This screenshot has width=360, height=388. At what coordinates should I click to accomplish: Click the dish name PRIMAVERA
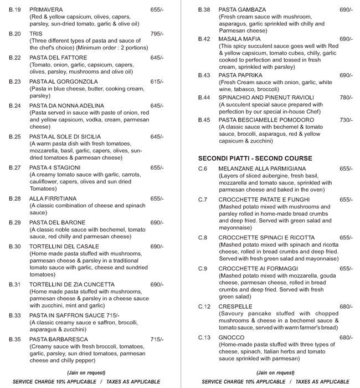[46, 10]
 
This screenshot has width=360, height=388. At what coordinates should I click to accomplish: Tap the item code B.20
[15, 34]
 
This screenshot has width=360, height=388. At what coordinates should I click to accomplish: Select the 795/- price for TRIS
[157, 34]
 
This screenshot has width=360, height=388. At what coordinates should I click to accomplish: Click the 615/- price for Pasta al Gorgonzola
[157, 81]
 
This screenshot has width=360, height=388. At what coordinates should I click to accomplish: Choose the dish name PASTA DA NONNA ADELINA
[66, 105]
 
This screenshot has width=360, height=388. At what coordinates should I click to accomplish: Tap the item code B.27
[15, 167]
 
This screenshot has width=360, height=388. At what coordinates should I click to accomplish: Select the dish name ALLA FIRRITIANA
[53, 198]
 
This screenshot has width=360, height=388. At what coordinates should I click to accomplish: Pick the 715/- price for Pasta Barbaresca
[157, 339]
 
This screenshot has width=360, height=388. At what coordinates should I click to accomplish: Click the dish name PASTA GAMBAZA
[242, 10]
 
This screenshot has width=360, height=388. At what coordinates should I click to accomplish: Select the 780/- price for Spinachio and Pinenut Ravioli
[346, 98]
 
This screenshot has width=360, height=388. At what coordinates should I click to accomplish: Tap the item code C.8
[203, 238]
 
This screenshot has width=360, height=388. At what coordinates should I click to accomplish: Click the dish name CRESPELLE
[236, 307]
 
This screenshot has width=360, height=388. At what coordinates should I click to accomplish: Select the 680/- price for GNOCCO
[346, 338]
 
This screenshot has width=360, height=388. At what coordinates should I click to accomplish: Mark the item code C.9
[203, 269]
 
